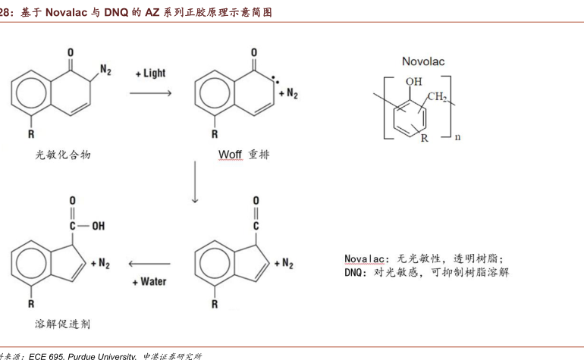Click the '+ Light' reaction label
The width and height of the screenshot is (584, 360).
coord(150,73)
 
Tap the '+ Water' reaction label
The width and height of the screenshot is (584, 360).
coord(149,282)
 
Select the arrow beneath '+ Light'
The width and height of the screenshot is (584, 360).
coord(150,92)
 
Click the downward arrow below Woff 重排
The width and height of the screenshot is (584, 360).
coord(195,182)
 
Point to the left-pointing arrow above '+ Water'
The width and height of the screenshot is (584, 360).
coord(149,264)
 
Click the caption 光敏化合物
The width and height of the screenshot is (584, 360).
coord(63,155)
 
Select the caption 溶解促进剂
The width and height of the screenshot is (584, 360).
coord(62,324)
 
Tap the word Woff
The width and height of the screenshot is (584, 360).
coord(230,154)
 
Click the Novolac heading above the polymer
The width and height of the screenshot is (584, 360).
coord(423,61)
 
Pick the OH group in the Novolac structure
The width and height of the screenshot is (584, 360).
coord(414,82)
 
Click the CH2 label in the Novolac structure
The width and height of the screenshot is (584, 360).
coord(437,97)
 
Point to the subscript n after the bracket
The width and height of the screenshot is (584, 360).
coord(458,137)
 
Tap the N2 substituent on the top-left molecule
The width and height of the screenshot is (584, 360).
coord(105,70)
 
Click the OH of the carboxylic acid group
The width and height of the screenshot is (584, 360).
coord(99,226)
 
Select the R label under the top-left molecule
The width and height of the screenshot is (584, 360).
coord(31,134)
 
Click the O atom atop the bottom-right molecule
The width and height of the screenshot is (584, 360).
coord(256,201)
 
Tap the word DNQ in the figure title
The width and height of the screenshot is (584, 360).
coord(116,13)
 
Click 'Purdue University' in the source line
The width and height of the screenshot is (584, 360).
coord(102,357)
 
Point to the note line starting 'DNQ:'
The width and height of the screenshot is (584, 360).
coord(426,273)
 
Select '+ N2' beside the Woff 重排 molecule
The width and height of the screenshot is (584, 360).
coord(288,93)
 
